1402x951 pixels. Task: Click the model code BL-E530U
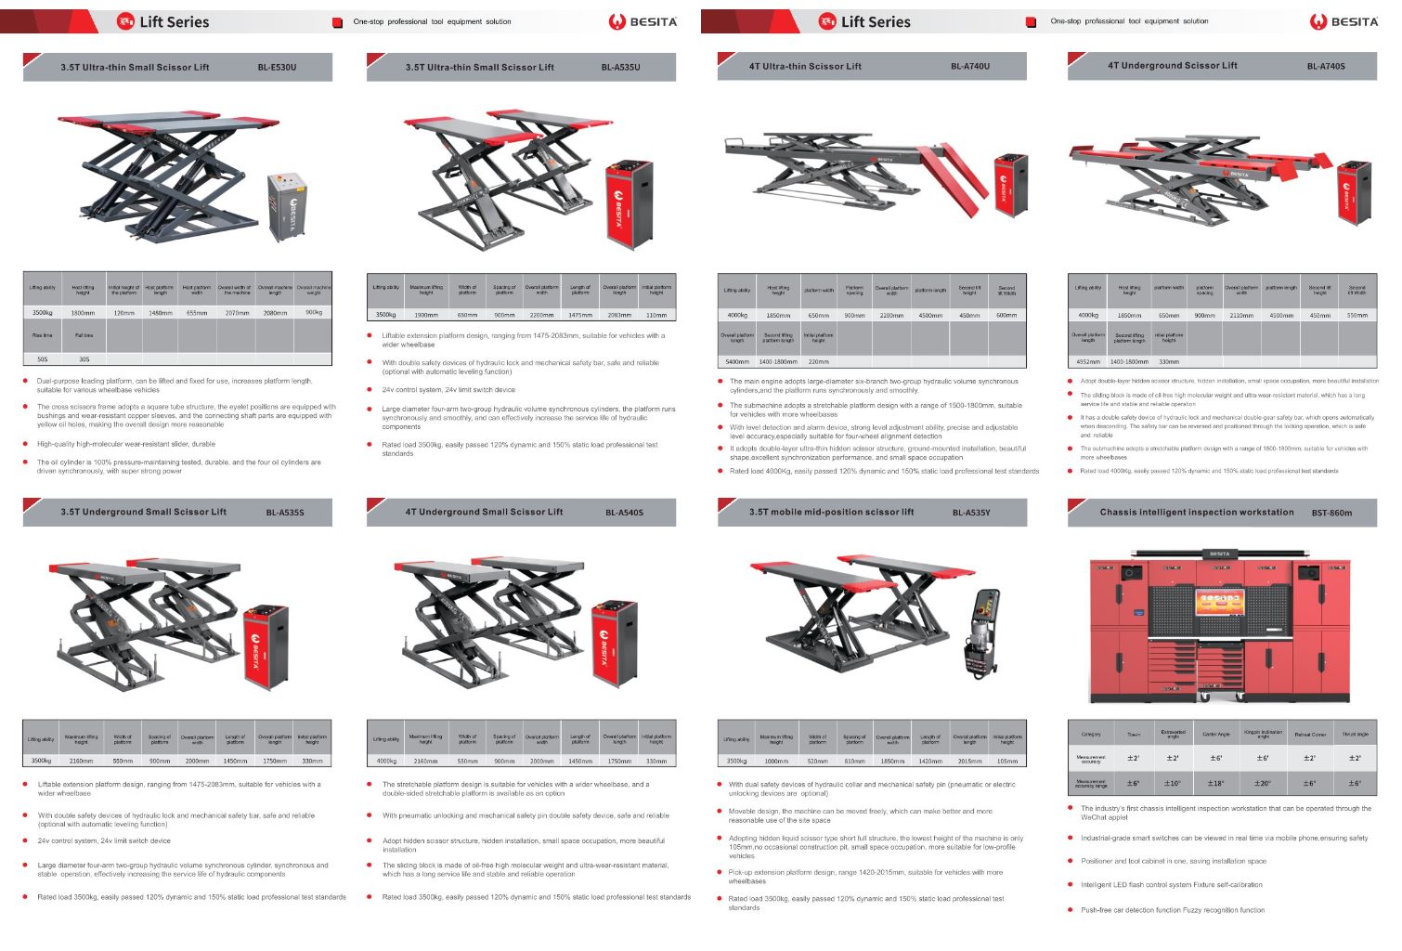[x=277, y=68]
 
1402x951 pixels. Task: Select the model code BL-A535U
[x=620, y=68]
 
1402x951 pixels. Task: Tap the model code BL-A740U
[x=969, y=67]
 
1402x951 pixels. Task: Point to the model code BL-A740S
[x=1325, y=67]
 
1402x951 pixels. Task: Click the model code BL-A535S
[x=284, y=513]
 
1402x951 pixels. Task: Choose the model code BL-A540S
[x=624, y=513]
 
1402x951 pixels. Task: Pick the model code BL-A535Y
[x=970, y=513]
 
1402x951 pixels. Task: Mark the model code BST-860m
[x=1331, y=513]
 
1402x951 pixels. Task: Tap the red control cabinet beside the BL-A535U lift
[x=629, y=204]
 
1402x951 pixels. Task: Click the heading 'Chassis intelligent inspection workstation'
[x=1196, y=513]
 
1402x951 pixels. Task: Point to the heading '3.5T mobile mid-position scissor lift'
[x=831, y=513]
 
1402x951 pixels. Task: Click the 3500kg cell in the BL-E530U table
[x=43, y=313]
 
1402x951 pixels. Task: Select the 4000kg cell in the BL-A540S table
[x=386, y=761]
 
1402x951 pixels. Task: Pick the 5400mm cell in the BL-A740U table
[x=737, y=361]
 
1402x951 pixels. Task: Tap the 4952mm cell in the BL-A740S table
[x=1087, y=361]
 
